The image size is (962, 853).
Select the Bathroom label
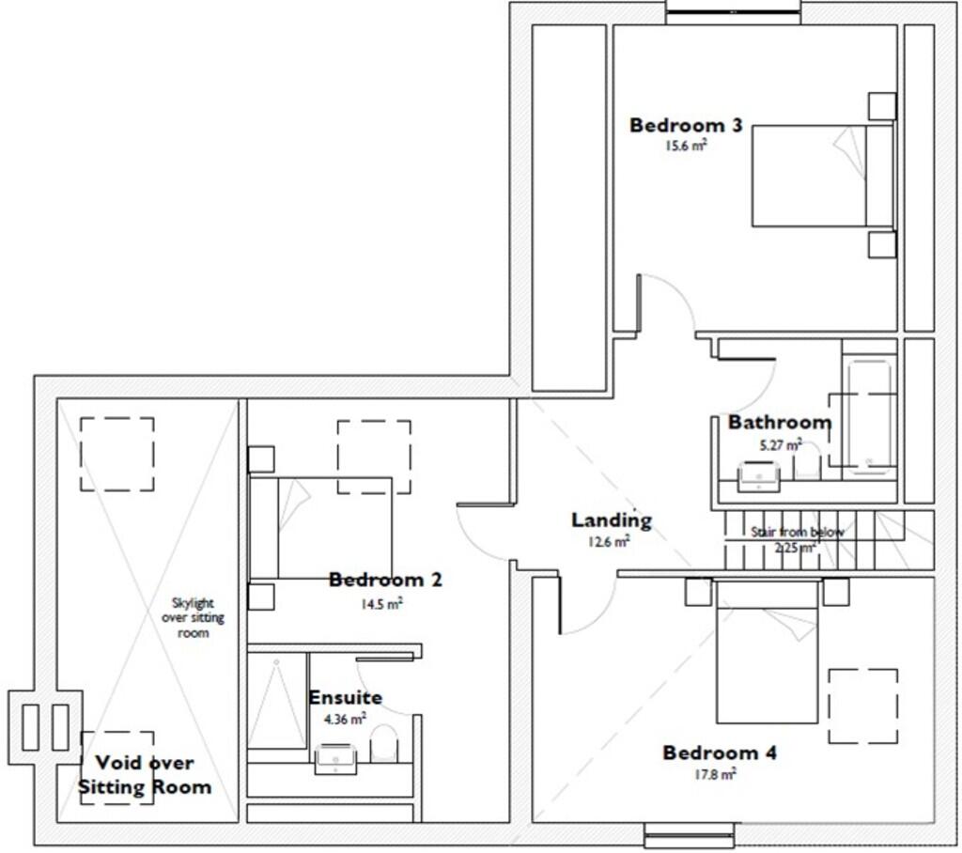[x=779, y=423]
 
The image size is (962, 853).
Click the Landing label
[x=611, y=520]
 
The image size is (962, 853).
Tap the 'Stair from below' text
[x=797, y=532]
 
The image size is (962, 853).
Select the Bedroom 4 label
[x=721, y=753]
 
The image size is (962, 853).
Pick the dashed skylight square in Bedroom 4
[x=862, y=706]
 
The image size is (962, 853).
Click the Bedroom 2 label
[x=385, y=581]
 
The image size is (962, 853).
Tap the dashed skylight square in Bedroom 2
[x=374, y=457]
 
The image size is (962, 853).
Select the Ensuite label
[x=345, y=698]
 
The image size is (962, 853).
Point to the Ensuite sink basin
[x=333, y=757]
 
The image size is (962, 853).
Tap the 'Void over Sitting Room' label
[x=144, y=775]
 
